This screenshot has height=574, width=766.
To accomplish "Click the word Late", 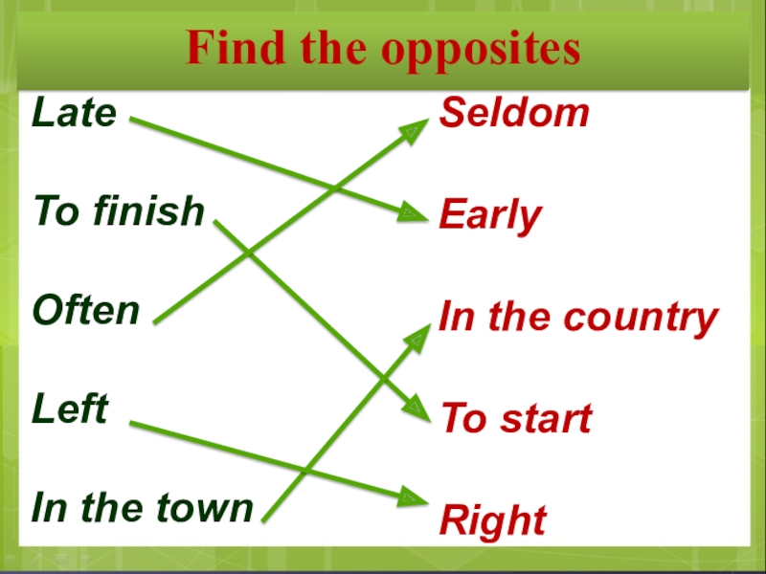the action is click(74, 114).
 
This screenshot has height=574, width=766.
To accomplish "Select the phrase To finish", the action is click(119, 211).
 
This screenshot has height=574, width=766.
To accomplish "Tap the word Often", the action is click(86, 311).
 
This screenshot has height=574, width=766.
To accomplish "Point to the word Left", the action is click(70, 409).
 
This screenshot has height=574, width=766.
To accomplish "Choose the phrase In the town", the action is click(143, 508).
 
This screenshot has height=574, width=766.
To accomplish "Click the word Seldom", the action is click(514, 114).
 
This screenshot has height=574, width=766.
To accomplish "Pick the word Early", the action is click(490, 217).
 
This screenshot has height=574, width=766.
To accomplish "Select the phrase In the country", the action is click(578, 319).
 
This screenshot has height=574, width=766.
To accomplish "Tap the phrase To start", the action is click(515, 419).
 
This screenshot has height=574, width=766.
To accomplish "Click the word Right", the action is click(492, 522).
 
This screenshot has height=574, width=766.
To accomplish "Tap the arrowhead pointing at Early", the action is click(412, 212).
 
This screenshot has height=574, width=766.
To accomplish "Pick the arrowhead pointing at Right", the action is click(412, 497).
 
